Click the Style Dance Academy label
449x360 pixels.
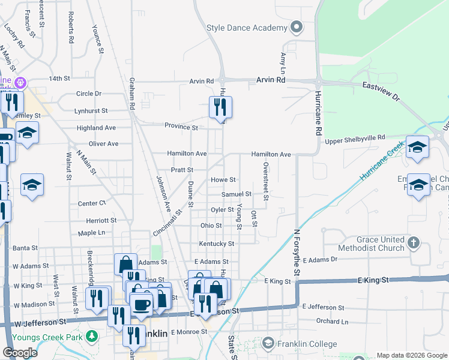coord(246,28)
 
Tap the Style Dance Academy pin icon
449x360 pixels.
coord(295,28)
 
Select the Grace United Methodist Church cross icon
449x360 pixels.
coord(412,242)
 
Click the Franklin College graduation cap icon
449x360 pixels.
coord(268,344)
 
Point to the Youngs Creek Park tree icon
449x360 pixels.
coord(91,334)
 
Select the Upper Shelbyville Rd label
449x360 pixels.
coord(355,140)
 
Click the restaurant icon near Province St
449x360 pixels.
coord(220,107)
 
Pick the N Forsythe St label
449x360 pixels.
coord(297,253)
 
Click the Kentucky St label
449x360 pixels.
coord(217,244)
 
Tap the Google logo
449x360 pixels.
coord(20,352)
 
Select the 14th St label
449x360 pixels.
coord(60,79)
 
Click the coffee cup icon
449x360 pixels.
coord(142,304)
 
